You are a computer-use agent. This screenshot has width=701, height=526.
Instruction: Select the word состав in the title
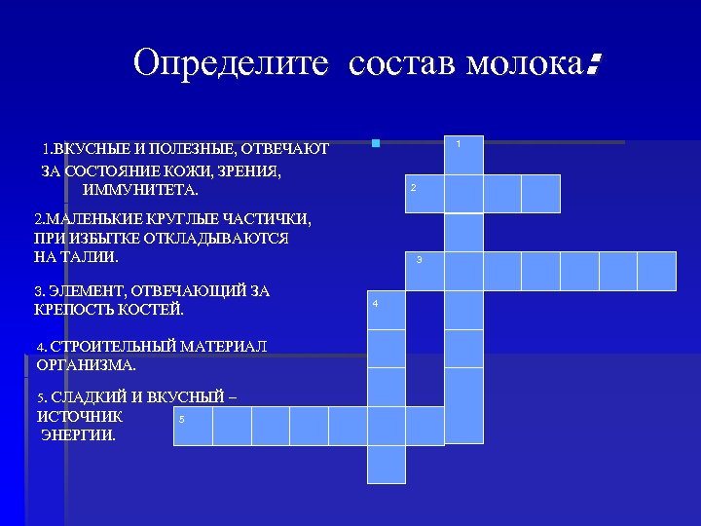point(400,63)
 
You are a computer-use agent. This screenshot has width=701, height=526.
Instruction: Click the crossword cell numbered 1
point(463,155)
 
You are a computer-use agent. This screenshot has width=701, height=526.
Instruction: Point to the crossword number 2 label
point(413,187)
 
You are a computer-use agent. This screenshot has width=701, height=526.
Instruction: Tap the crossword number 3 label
point(419,260)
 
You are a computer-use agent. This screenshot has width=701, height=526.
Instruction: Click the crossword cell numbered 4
point(386,310)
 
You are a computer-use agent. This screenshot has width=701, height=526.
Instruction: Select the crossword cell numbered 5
point(193,426)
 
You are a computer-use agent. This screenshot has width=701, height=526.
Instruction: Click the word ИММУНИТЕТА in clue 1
point(140,189)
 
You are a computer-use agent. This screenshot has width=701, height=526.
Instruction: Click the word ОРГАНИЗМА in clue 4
point(87,366)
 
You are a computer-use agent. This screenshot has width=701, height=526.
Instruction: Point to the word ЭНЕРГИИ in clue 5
point(78,434)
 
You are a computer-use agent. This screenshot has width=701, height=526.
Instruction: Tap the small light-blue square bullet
point(375,144)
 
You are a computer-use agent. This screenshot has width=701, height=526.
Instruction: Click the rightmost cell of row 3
point(657,271)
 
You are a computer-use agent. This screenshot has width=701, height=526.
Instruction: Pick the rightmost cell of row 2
point(540,193)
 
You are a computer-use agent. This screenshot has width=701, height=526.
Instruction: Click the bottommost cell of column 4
point(386,464)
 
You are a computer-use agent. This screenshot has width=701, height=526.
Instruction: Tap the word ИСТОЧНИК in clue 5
point(80,416)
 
